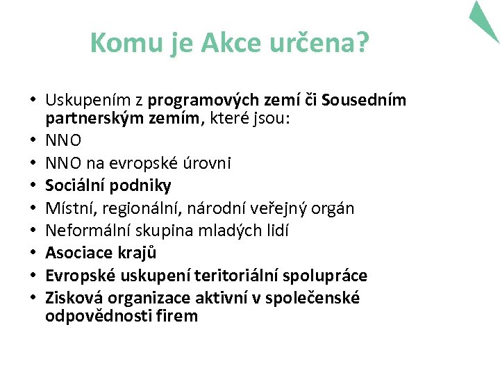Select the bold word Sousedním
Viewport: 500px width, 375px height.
[365, 100]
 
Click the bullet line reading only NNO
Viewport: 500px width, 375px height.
[63, 140]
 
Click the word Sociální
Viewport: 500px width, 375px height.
[75, 185]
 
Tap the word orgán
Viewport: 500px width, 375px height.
[334, 208]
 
